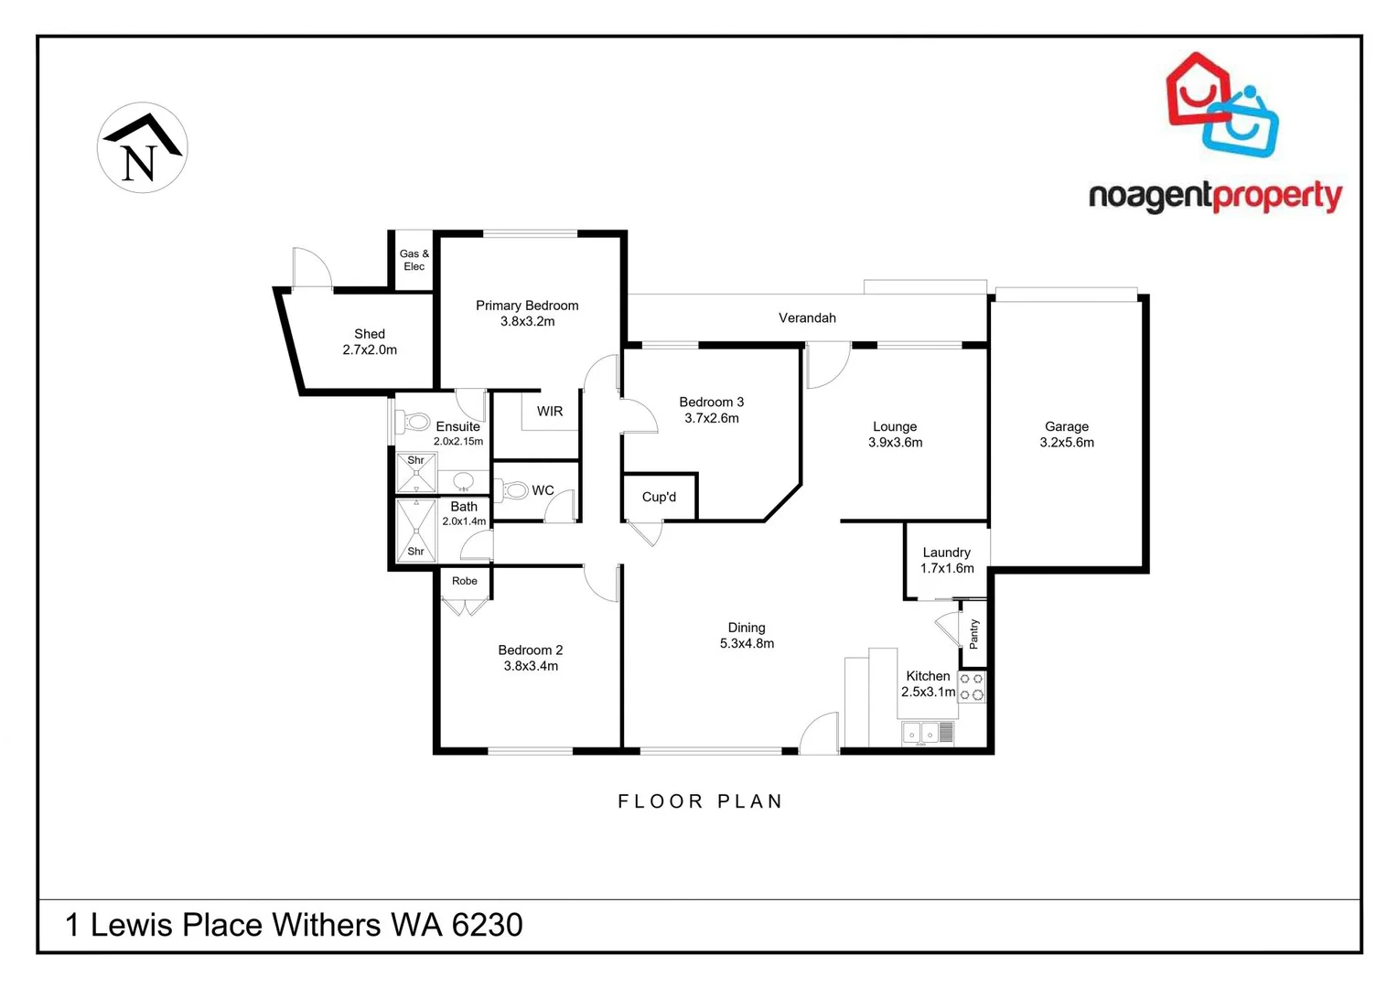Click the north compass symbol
click(143, 147)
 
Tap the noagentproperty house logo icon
click(1221, 105)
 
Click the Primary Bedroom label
click(527, 306)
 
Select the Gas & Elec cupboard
click(414, 261)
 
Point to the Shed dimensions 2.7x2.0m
click(370, 350)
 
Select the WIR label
click(550, 412)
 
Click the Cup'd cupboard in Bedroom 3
click(659, 498)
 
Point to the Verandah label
click(807, 318)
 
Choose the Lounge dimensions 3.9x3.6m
click(895, 443)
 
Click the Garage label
click(1067, 426)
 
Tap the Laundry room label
click(946, 553)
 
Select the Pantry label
click(973, 633)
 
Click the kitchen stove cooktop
click(972, 687)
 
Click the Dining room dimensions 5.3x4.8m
click(747, 644)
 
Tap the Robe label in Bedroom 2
click(465, 581)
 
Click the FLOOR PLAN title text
click(701, 801)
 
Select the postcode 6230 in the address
click(487, 925)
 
